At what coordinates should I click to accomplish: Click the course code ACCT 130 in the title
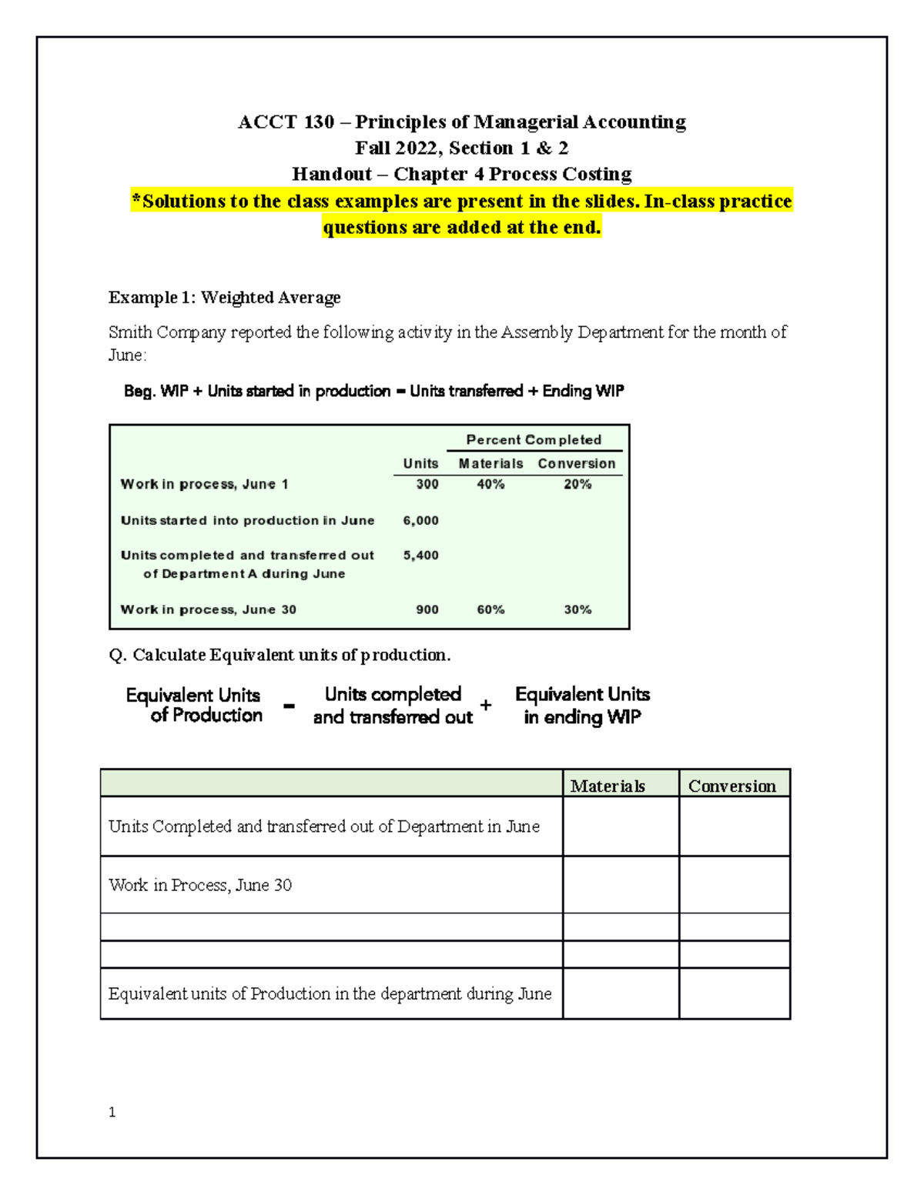pos(286,122)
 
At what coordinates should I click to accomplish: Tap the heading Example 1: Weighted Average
pos(224,298)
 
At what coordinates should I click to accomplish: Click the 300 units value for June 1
pos(427,484)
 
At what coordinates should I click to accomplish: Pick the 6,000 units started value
pos(420,521)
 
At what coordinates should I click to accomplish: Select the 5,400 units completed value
pos(420,556)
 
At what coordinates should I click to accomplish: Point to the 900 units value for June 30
pos(427,609)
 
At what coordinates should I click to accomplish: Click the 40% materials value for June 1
pos(490,484)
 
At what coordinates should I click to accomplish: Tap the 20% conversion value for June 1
pos(577,484)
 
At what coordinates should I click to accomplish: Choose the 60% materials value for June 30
pos(490,609)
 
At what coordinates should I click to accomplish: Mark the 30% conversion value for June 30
pos(577,609)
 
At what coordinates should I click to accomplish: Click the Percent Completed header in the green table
pos(534,440)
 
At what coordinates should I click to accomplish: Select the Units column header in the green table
pos(420,464)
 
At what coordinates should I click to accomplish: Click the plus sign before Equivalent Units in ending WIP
pos(486,705)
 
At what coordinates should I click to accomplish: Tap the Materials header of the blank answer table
pos(608,786)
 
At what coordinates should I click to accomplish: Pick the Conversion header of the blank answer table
pos(731,786)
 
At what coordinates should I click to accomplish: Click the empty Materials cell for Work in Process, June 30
pos(621,885)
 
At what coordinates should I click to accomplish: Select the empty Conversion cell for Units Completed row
pos(735,826)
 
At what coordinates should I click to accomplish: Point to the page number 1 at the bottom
pos(112,1112)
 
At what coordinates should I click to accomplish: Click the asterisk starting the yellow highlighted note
pos(136,201)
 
